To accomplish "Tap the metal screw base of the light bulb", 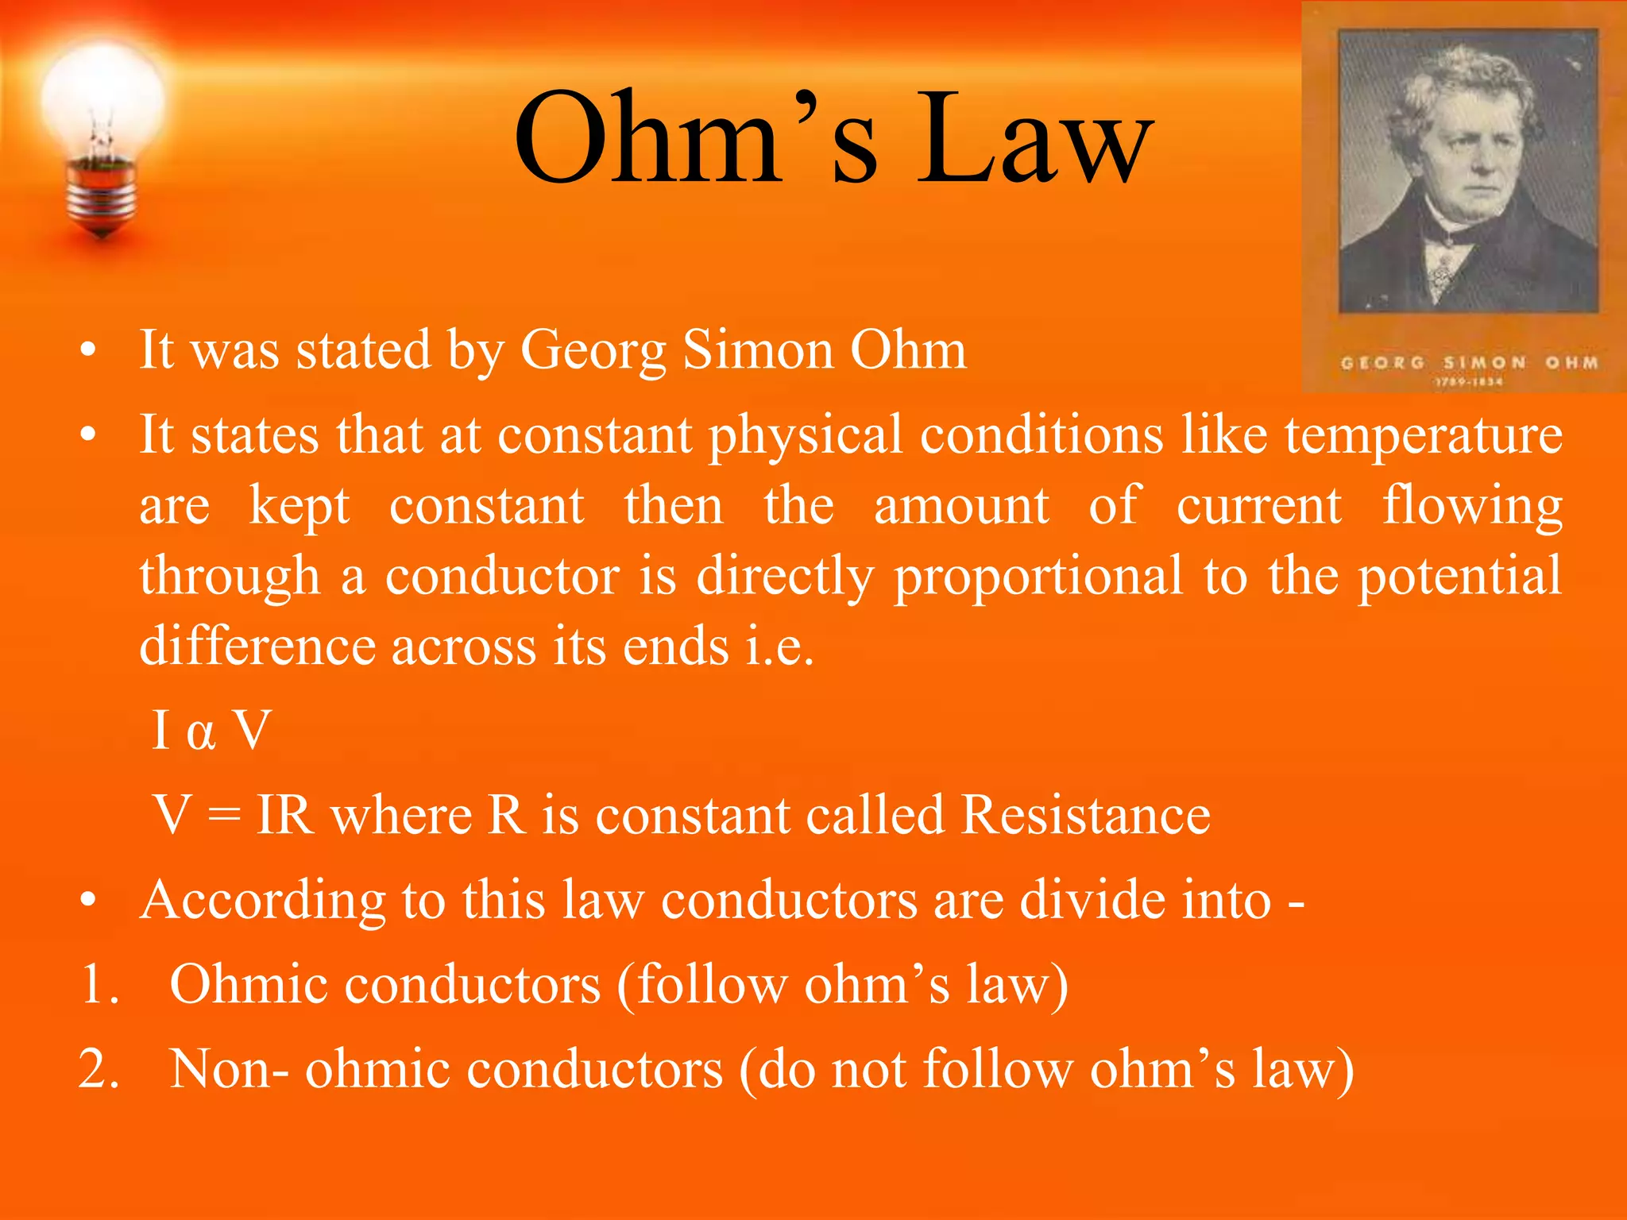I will pos(102,195).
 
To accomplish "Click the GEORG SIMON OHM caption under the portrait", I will pos(1469,363).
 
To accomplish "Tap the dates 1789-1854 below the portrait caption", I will pos(1469,382).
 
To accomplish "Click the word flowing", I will pos(1472,507).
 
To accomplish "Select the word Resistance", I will pos(1085,816).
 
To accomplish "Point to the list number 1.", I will pos(99,986).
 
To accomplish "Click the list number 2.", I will pos(99,1070).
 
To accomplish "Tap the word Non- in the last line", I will pos(230,1070).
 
